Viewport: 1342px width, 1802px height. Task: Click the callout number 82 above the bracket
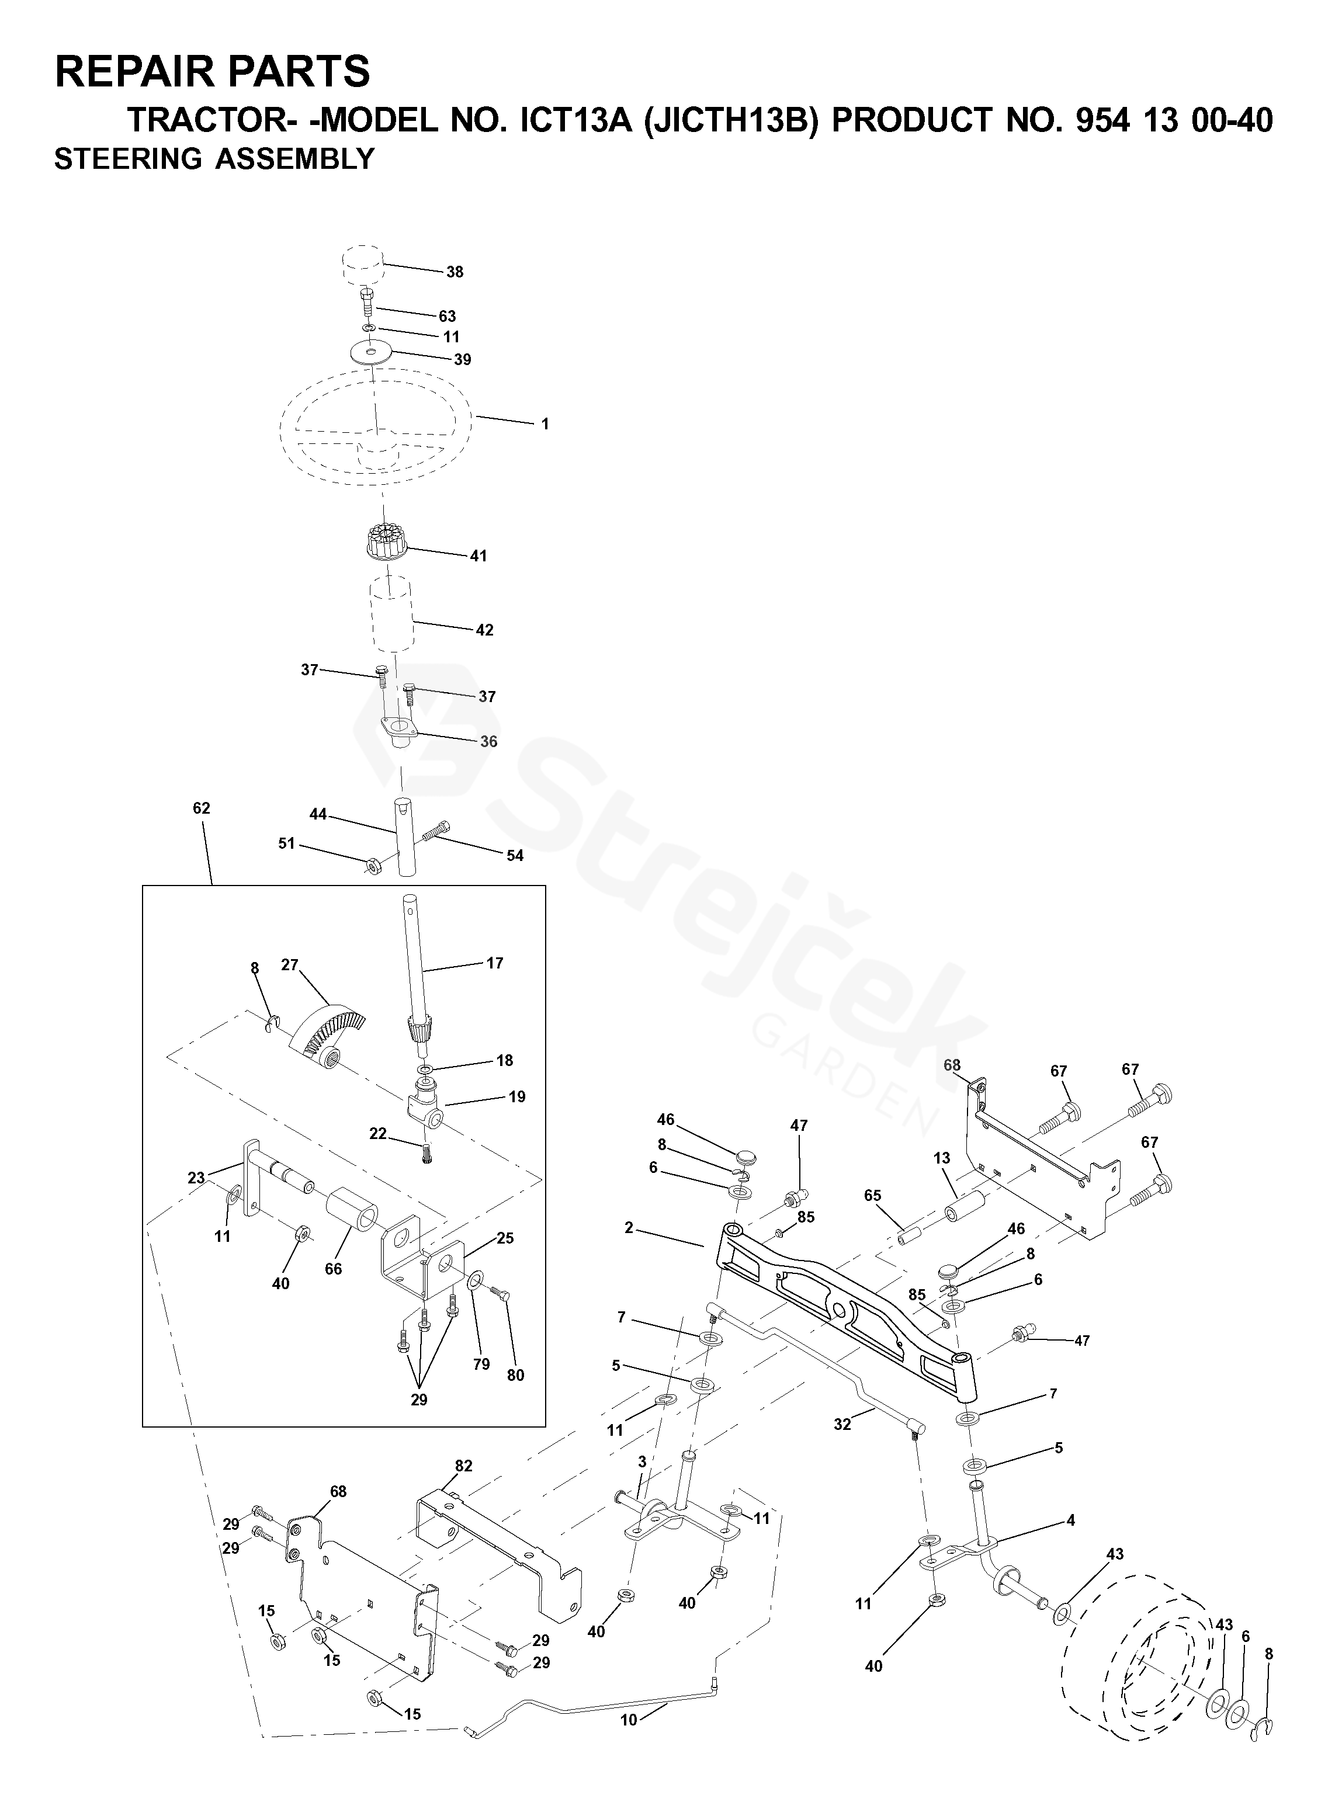[x=464, y=1466]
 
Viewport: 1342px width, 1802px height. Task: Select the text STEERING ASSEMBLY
[x=214, y=159]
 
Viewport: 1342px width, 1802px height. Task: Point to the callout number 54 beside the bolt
[x=515, y=855]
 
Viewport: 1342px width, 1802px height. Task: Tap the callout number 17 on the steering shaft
[x=495, y=963]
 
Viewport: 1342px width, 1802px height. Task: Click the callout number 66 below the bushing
[x=333, y=1269]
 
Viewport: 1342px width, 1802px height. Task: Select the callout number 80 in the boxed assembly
[x=515, y=1375]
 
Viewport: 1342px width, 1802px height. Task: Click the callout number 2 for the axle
[x=628, y=1228]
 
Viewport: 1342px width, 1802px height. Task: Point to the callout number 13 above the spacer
[x=942, y=1158]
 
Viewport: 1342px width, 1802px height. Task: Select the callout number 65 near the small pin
[x=872, y=1195]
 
